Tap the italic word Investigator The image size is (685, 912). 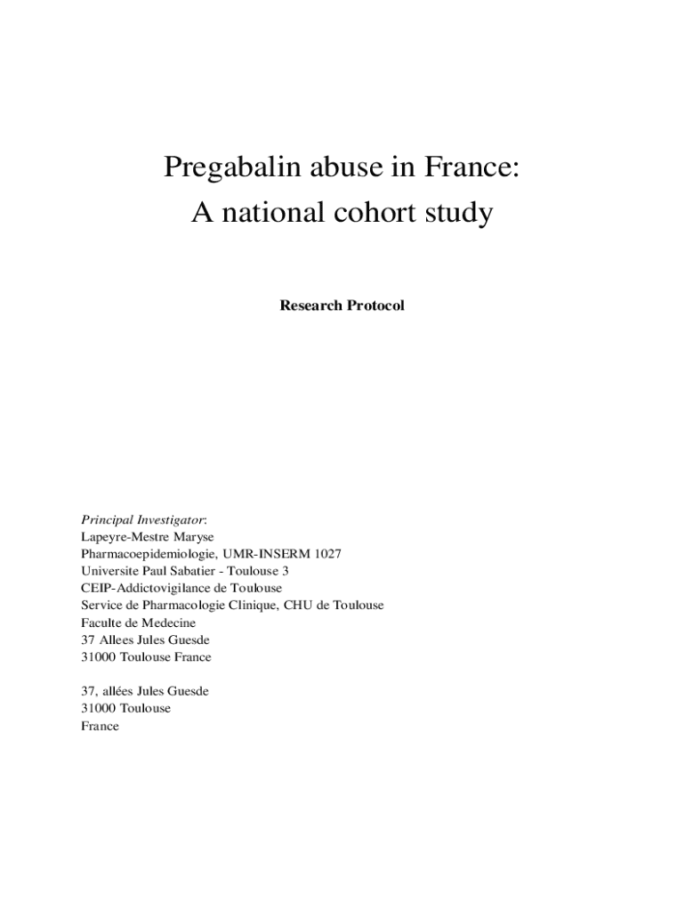(x=172, y=519)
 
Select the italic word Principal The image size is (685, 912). (x=107, y=519)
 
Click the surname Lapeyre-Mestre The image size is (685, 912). (x=125, y=537)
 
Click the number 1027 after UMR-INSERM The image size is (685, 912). (x=325, y=554)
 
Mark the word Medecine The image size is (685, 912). (x=166, y=623)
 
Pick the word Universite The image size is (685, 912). (x=109, y=571)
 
